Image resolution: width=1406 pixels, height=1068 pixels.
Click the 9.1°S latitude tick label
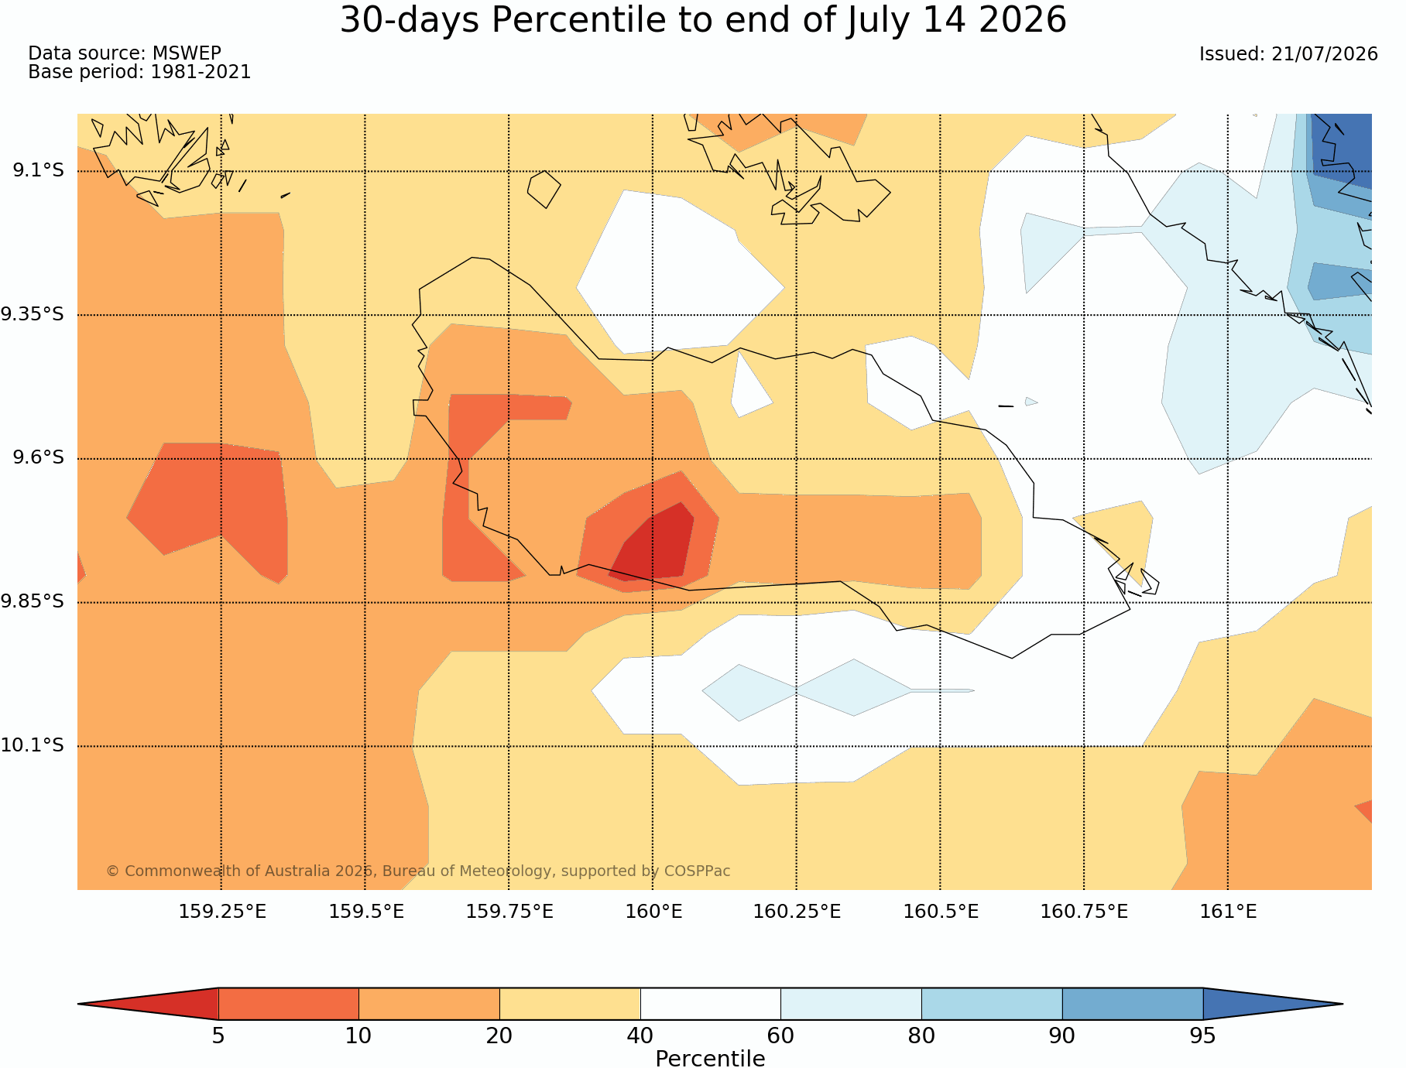click(x=38, y=170)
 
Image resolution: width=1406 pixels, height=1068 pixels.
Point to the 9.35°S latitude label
click(x=33, y=314)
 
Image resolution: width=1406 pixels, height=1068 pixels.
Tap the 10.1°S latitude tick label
click(x=33, y=745)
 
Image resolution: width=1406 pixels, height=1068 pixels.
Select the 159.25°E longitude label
click(x=222, y=912)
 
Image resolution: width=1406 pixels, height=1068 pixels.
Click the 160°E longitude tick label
click(x=653, y=912)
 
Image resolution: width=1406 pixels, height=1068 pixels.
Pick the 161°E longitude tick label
click(x=1228, y=912)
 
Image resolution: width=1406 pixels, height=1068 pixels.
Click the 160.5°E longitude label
click(x=941, y=912)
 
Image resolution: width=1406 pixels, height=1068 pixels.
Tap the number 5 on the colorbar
click(x=218, y=1035)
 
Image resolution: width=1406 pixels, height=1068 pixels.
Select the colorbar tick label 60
click(x=780, y=1035)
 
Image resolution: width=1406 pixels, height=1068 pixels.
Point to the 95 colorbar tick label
click(x=1202, y=1035)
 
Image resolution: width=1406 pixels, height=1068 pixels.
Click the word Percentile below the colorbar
click(x=710, y=1058)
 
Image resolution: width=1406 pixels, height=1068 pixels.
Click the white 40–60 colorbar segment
click(x=710, y=1004)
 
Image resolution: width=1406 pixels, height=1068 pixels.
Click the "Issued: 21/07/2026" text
click(x=1288, y=54)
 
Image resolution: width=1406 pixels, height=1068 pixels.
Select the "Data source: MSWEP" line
click(x=125, y=53)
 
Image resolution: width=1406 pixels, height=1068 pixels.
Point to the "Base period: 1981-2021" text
click(x=139, y=72)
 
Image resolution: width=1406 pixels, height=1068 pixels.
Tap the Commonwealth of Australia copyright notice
click(x=418, y=871)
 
